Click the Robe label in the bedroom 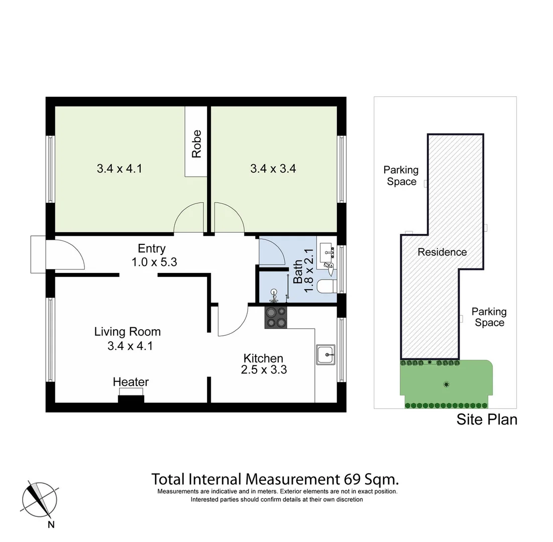tap(196, 144)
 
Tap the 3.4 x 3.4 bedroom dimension tap(273, 169)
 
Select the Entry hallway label tap(152, 248)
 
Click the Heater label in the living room tap(131, 382)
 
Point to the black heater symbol tap(131, 399)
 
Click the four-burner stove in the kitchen tap(276, 318)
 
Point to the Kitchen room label tap(263, 358)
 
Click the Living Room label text tap(128, 332)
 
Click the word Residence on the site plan tap(442, 252)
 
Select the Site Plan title tap(486, 419)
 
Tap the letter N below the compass tap(51, 525)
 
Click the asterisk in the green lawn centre tap(446, 385)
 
